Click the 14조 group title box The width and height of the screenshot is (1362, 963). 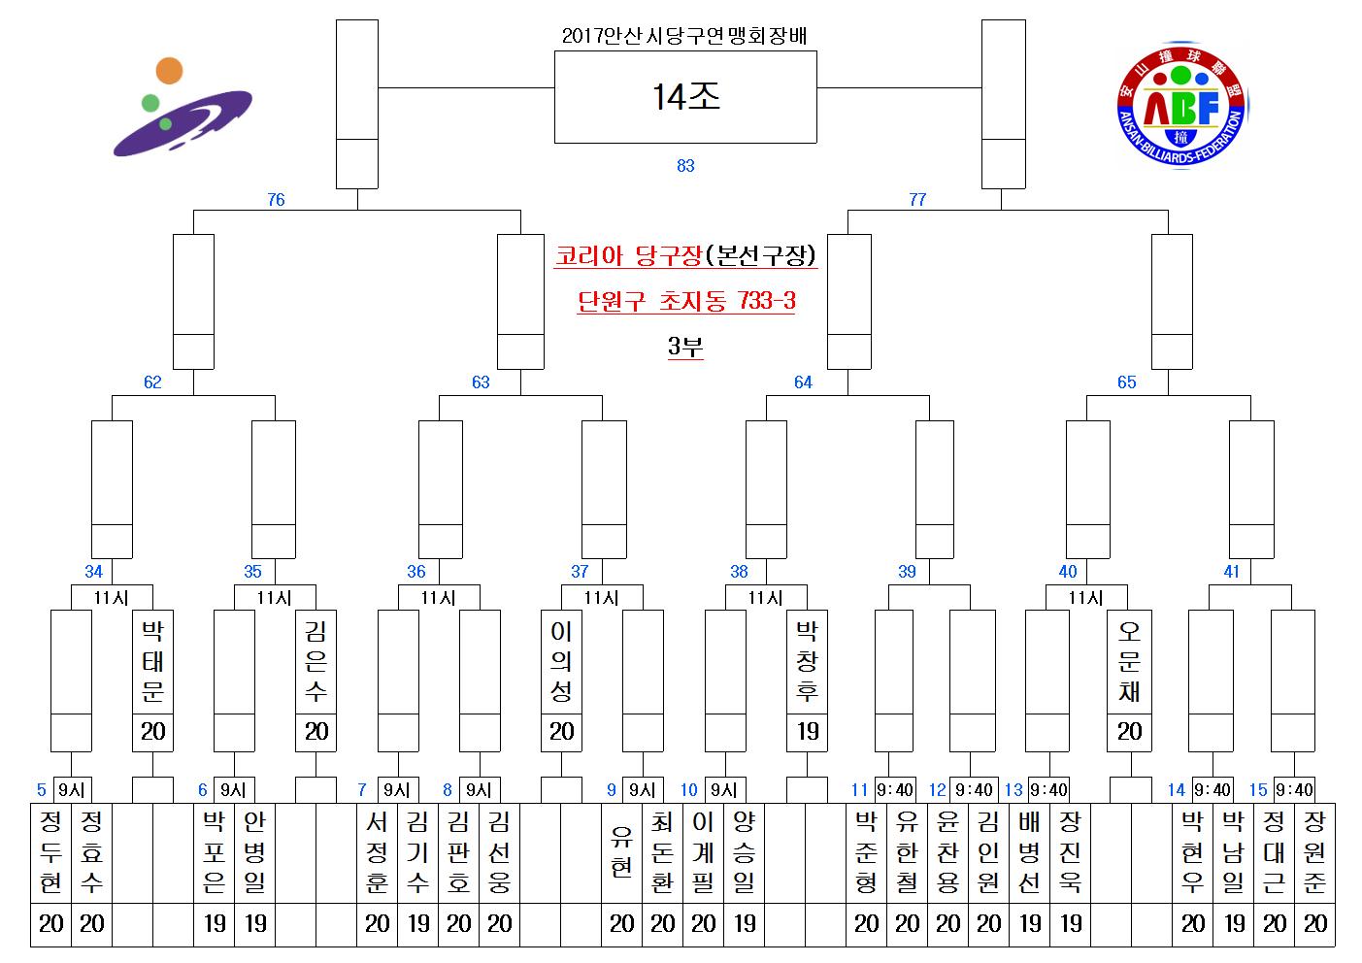[x=685, y=97]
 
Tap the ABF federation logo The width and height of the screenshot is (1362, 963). [x=1181, y=105]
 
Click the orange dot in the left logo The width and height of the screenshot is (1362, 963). [x=169, y=71]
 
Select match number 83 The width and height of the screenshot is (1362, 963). [x=685, y=165]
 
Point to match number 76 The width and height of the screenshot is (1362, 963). [x=276, y=199]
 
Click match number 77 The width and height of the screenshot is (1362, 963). [x=917, y=199]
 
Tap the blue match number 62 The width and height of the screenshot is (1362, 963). [x=152, y=382]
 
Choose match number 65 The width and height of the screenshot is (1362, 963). [x=1127, y=382]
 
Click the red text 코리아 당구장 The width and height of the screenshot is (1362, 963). [x=629, y=255]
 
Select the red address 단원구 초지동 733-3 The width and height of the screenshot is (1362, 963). [x=686, y=300]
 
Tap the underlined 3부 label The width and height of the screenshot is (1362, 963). [x=685, y=346]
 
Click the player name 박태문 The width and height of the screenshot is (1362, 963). [x=152, y=661]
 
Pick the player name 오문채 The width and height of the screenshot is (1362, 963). [x=1129, y=661]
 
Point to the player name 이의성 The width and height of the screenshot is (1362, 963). [x=561, y=661]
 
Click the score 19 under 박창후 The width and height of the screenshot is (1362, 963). [x=808, y=731]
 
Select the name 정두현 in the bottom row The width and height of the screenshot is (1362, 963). [x=50, y=852]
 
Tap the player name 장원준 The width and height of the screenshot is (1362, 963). [x=1314, y=852]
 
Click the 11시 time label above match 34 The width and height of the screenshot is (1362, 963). [x=112, y=598]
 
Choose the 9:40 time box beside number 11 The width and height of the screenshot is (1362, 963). [x=895, y=790]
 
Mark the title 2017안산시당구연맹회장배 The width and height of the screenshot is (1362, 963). [x=684, y=36]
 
